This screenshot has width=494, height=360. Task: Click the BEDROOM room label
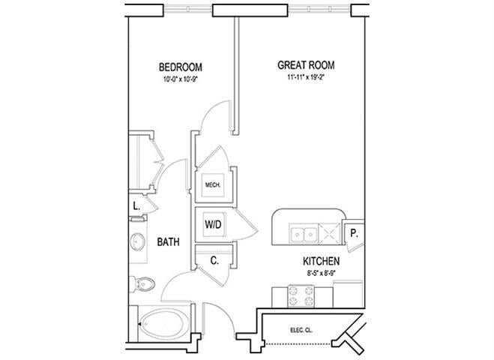(179, 65)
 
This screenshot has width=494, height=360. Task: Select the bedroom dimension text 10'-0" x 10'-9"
(179, 77)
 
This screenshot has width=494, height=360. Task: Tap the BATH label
(168, 242)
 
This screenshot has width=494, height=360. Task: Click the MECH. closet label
(211, 184)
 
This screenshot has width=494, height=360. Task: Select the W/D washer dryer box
(212, 223)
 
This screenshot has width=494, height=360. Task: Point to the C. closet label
(213, 260)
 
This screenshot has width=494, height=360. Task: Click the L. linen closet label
(136, 205)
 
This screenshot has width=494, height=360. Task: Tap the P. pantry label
(355, 233)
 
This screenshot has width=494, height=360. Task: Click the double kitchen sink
(304, 234)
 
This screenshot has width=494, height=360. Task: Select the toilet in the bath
(145, 284)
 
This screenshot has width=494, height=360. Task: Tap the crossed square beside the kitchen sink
(329, 234)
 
